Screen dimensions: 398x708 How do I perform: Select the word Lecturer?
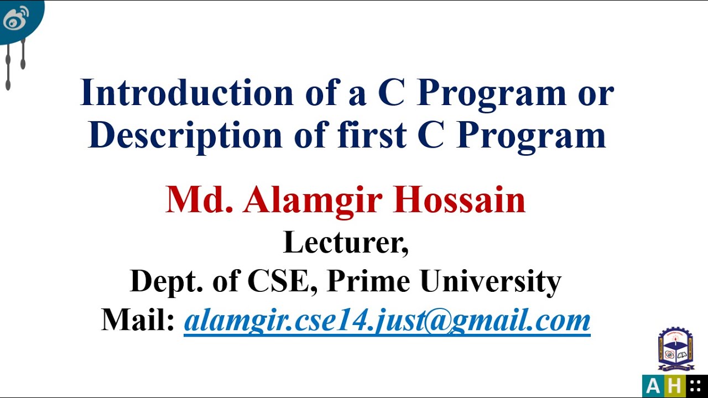(x=346, y=242)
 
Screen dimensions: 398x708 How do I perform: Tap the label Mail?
(x=138, y=320)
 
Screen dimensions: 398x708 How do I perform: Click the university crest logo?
(x=675, y=349)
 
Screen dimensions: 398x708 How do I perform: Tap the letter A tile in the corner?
(x=653, y=386)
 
